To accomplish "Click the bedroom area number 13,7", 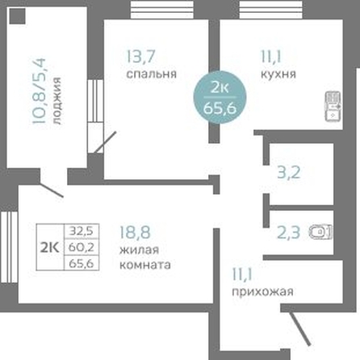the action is click(140, 57).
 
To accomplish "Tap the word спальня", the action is click(152, 74).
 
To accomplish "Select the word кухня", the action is click(278, 74).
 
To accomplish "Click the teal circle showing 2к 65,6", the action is click(220, 98).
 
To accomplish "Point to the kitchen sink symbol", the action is click(333, 106).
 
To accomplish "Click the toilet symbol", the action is click(321, 232).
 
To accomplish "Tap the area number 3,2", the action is click(289, 173).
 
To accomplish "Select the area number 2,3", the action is click(288, 232).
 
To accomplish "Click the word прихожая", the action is click(262, 291).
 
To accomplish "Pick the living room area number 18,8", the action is click(135, 232).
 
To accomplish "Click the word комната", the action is click(145, 265).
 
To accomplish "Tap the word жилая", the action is click(139, 250).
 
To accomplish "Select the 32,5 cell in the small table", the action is click(82, 231).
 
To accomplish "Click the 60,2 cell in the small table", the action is click(82, 247).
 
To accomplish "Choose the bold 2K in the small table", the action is click(50, 247).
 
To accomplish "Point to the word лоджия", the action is click(57, 101).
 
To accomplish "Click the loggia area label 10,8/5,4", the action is click(40, 91).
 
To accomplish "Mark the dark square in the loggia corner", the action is click(17, 16).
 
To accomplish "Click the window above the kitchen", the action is click(270, 10).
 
